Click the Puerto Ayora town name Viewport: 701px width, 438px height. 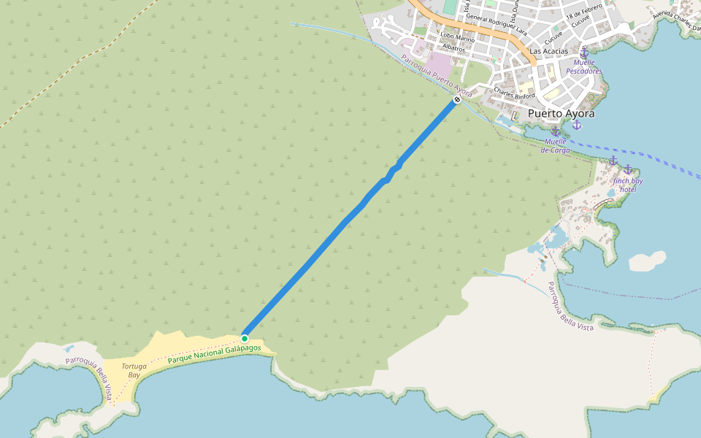click(561, 114)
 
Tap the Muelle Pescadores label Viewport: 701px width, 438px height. click(584, 67)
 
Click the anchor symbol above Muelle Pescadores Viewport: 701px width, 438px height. click(584, 53)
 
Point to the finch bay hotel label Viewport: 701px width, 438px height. click(628, 185)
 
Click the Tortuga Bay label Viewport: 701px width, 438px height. click(131, 371)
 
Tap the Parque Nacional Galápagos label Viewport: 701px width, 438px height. click(214, 354)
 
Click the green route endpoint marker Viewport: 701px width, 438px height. click(245, 338)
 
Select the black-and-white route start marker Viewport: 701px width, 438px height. click(457, 99)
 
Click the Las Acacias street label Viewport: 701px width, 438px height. click(548, 51)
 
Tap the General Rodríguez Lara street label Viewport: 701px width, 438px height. click(496, 24)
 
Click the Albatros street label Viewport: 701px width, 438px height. click(453, 48)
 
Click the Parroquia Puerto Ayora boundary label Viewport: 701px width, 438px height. click(437, 76)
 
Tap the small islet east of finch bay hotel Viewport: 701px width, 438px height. click(647, 260)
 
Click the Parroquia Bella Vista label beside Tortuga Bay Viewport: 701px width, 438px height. click(89, 375)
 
